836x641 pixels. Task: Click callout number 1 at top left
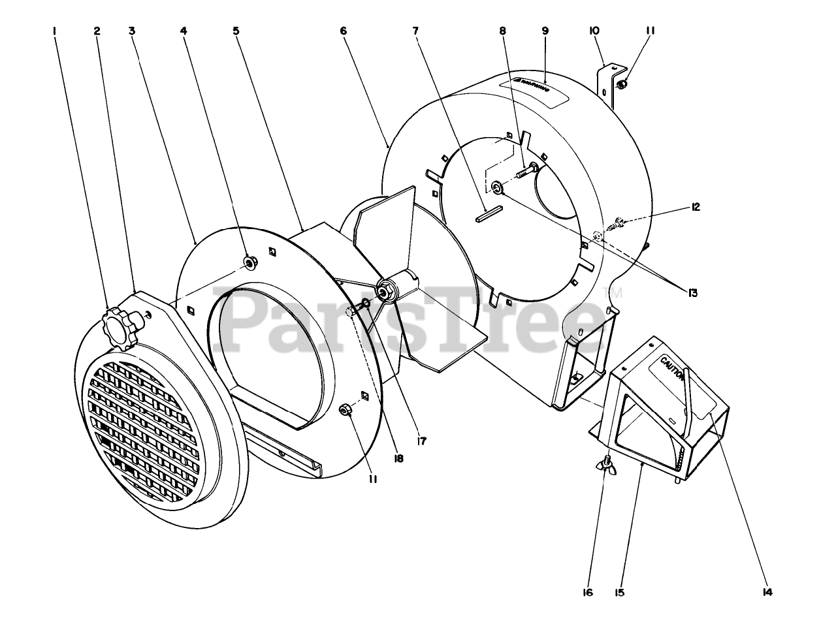[56, 31]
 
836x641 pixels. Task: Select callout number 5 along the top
[236, 31]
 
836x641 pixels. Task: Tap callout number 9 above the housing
[545, 31]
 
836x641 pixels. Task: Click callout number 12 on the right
[694, 207]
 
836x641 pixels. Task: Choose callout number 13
[692, 293]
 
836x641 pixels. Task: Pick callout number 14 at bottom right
[767, 592]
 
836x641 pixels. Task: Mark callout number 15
[619, 592]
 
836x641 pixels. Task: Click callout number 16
[587, 592]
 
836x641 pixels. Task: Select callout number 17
[421, 441]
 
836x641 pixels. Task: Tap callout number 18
[398, 458]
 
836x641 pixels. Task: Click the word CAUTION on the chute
[673, 369]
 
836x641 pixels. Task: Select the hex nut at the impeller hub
[385, 292]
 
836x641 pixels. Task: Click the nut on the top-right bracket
[622, 84]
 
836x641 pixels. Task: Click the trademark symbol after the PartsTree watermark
[616, 293]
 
